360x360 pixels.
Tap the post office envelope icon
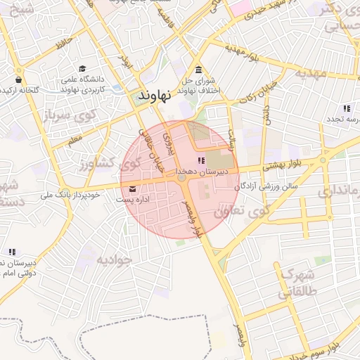pos(133,188)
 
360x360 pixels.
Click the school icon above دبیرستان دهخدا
pos(202,161)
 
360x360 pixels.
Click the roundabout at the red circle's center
pos(182,179)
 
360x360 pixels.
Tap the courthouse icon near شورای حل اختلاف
pos(200,70)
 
